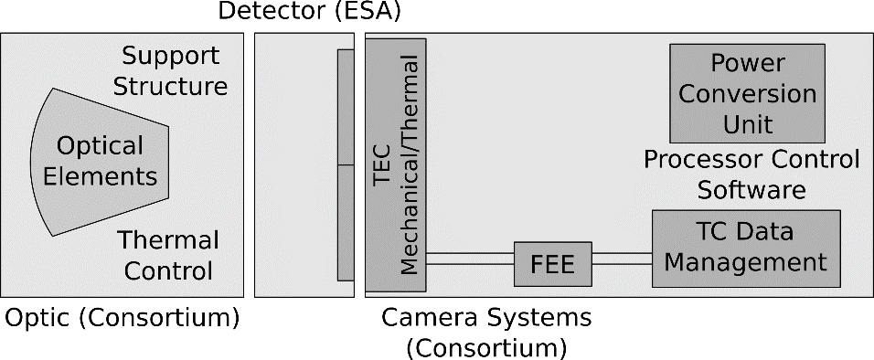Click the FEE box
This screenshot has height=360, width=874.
[x=553, y=265]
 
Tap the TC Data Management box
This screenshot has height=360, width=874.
[x=745, y=248]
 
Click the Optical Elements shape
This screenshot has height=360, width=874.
[x=101, y=161]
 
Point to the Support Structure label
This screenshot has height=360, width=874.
[x=175, y=71]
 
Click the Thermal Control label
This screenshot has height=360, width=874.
[x=168, y=256]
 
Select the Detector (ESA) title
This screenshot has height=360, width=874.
[x=310, y=13]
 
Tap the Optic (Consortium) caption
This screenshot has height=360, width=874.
[x=123, y=319]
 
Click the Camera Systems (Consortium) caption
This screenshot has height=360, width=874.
[x=486, y=333]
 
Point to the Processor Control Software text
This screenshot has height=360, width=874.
[x=751, y=175]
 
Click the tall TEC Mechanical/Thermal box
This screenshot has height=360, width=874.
[x=397, y=164]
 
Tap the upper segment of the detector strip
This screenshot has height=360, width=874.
[x=346, y=107]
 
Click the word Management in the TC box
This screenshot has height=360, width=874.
[x=745, y=263]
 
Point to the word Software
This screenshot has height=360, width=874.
[x=751, y=190]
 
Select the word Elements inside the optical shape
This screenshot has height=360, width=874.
[x=101, y=175]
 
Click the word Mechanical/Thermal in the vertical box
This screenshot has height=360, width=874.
[x=410, y=164]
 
